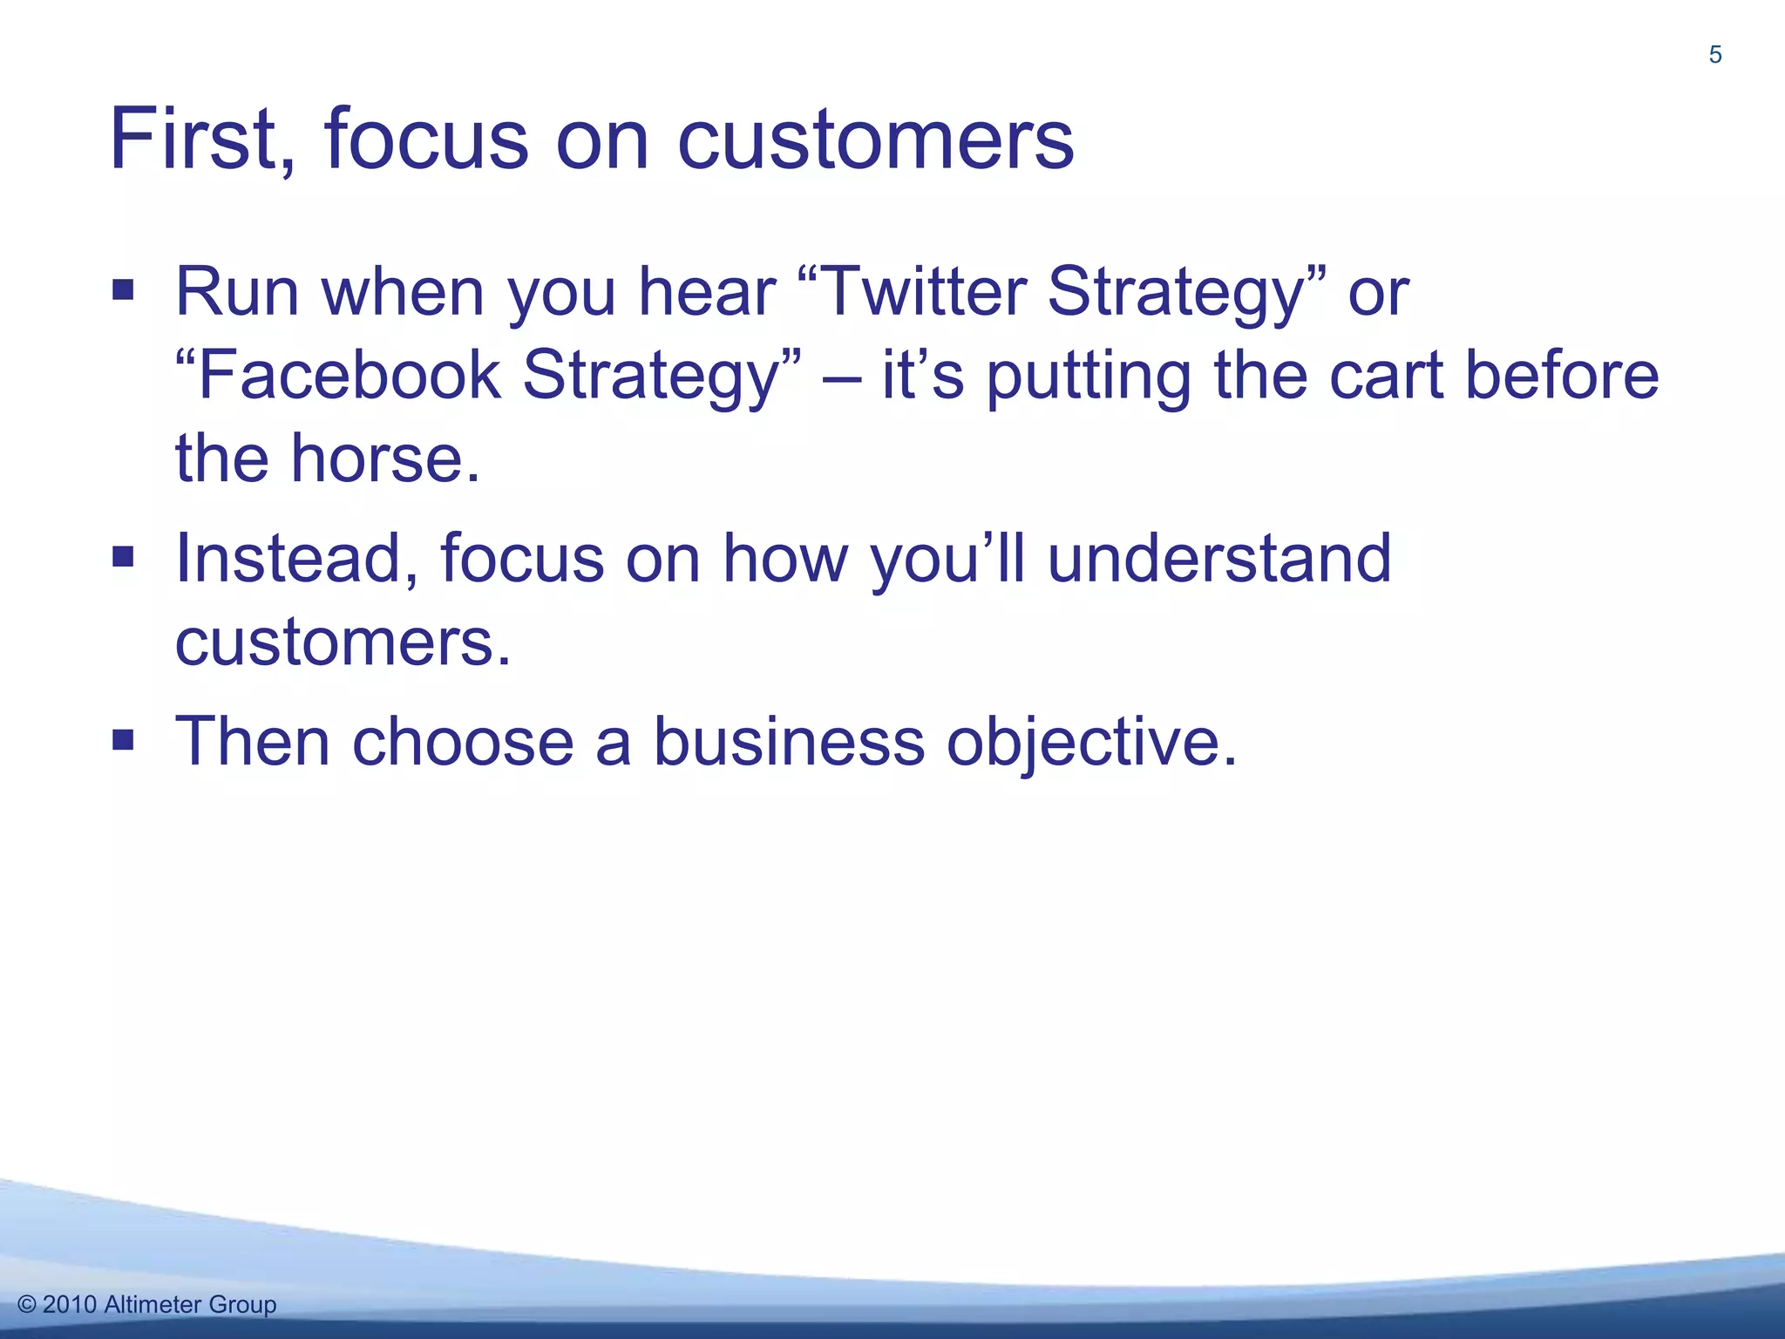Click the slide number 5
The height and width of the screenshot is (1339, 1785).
click(x=1714, y=55)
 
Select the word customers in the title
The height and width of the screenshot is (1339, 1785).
click(x=875, y=139)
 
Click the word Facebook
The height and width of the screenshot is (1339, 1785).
click(x=350, y=375)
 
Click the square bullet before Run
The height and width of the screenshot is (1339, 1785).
click(x=123, y=289)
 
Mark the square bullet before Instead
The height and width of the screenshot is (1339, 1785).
click(x=123, y=556)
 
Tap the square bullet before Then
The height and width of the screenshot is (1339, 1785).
click(x=123, y=740)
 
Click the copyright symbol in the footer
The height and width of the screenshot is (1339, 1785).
click(x=27, y=1305)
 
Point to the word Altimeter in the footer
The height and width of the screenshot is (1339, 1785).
click(x=153, y=1305)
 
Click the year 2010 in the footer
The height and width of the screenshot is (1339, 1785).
click(x=70, y=1305)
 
